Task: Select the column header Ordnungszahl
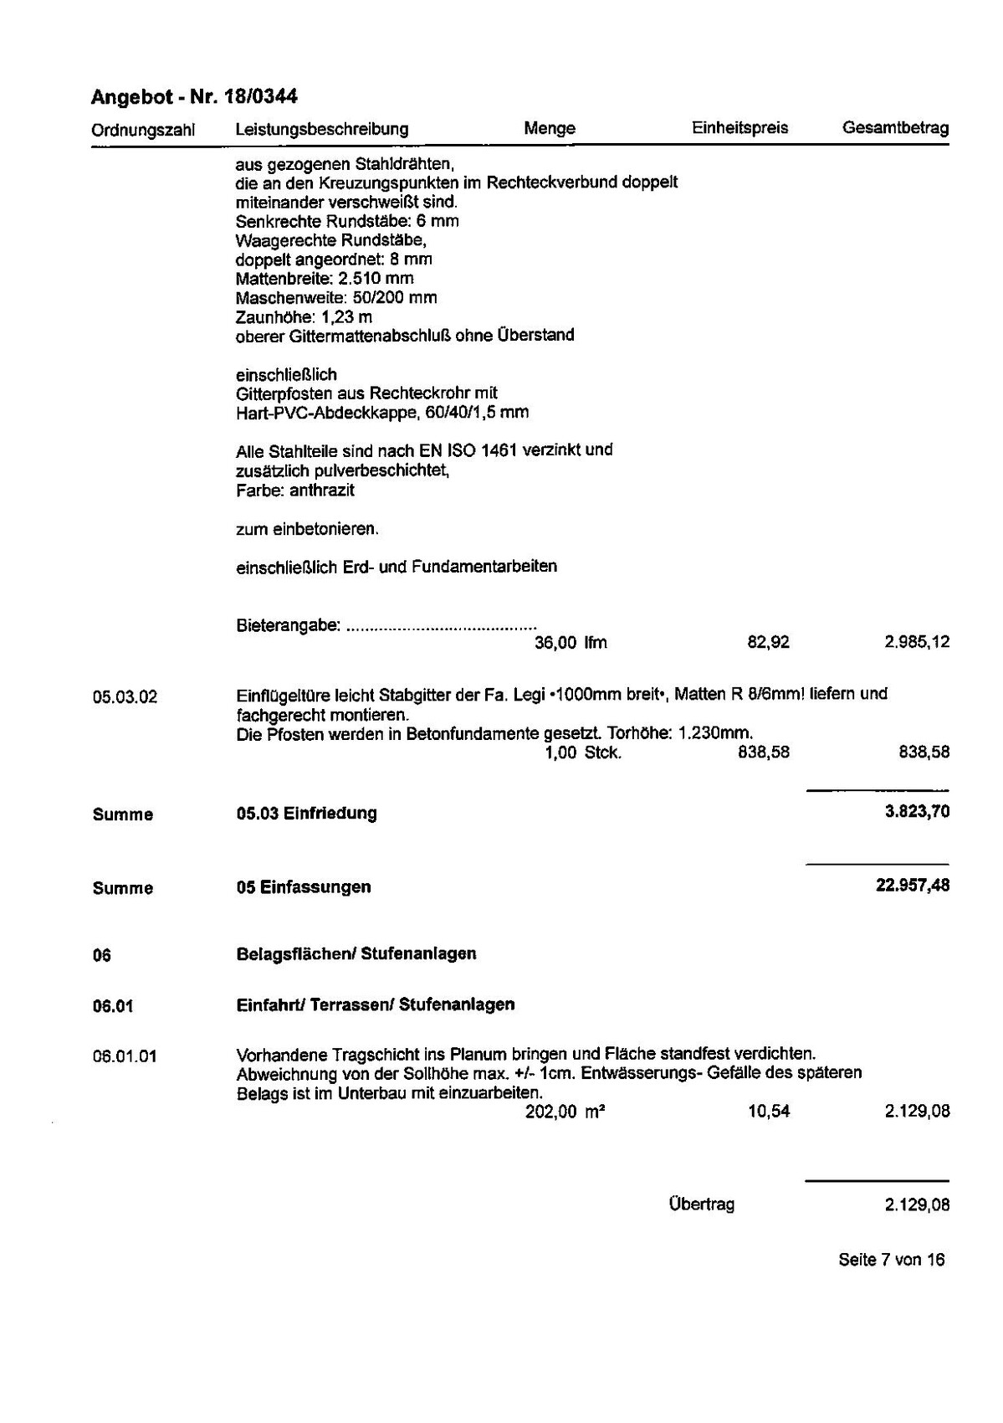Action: coord(143,130)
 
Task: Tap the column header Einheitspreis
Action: coord(739,128)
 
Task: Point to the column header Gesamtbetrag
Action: coord(895,128)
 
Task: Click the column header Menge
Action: coord(550,128)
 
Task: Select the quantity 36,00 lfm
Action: coord(571,643)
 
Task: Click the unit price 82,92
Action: coord(768,643)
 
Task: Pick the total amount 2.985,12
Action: coord(916,643)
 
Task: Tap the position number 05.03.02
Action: coord(125,696)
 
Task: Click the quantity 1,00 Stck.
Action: coord(583,753)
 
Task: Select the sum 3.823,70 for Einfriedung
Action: coord(917,811)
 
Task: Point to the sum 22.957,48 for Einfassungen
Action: coord(912,886)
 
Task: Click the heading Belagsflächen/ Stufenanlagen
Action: coord(356,953)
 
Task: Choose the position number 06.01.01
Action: coord(125,1056)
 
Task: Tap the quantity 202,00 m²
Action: coord(565,1112)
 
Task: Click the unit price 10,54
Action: coord(769,1112)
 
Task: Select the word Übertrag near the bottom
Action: coord(701,1205)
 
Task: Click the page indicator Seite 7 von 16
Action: coord(891,1260)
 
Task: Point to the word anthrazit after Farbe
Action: coord(322,491)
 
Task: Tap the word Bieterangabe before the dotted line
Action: coord(288,625)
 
